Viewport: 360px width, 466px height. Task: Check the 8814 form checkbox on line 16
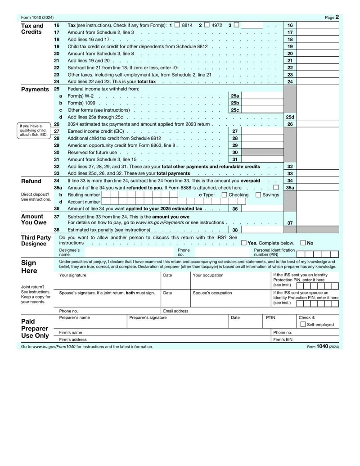(x=177, y=25)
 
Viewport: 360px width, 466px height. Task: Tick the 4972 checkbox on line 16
(x=207, y=25)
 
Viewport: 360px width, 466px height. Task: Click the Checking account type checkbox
(x=224, y=195)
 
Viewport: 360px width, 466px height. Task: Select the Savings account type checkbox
(x=258, y=195)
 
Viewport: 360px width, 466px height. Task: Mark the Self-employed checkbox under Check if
(x=303, y=324)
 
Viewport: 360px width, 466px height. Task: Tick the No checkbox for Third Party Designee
(x=303, y=243)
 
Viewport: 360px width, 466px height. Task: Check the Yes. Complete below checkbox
(x=243, y=243)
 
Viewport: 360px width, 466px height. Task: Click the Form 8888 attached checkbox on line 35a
(x=275, y=188)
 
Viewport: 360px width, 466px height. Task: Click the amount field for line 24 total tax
(x=317, y=82)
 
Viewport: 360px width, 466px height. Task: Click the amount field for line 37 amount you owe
(x=317, y=223)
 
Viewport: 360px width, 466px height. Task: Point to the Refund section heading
(x=31, y=181)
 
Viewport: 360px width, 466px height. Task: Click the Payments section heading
(x=35, y=89)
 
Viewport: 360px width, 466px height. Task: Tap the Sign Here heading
(x=28, y=267)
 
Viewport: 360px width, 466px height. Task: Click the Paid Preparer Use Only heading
(x=35, y=329)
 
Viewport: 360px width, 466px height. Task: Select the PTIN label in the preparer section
(x=270, y=317)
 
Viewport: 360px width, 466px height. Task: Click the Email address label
(x=175, y=311)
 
